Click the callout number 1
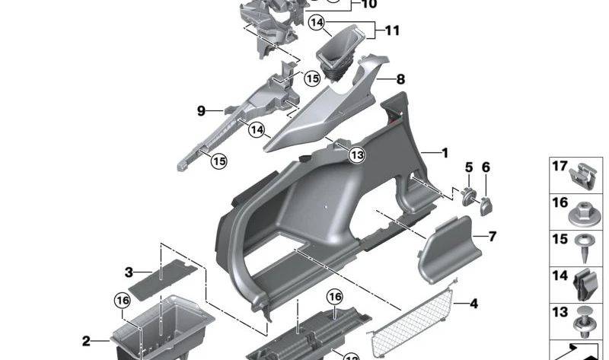pos(445,153)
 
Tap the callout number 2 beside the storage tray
pos(86,341)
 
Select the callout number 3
pos(129,272)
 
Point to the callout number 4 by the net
pos(473,304)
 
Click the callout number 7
pos(492,237)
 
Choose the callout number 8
pos(400,79)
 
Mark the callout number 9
pos(202,111)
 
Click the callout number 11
pos(392,31)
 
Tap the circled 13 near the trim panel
pos(357,155)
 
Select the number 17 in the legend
pos(560,165)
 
